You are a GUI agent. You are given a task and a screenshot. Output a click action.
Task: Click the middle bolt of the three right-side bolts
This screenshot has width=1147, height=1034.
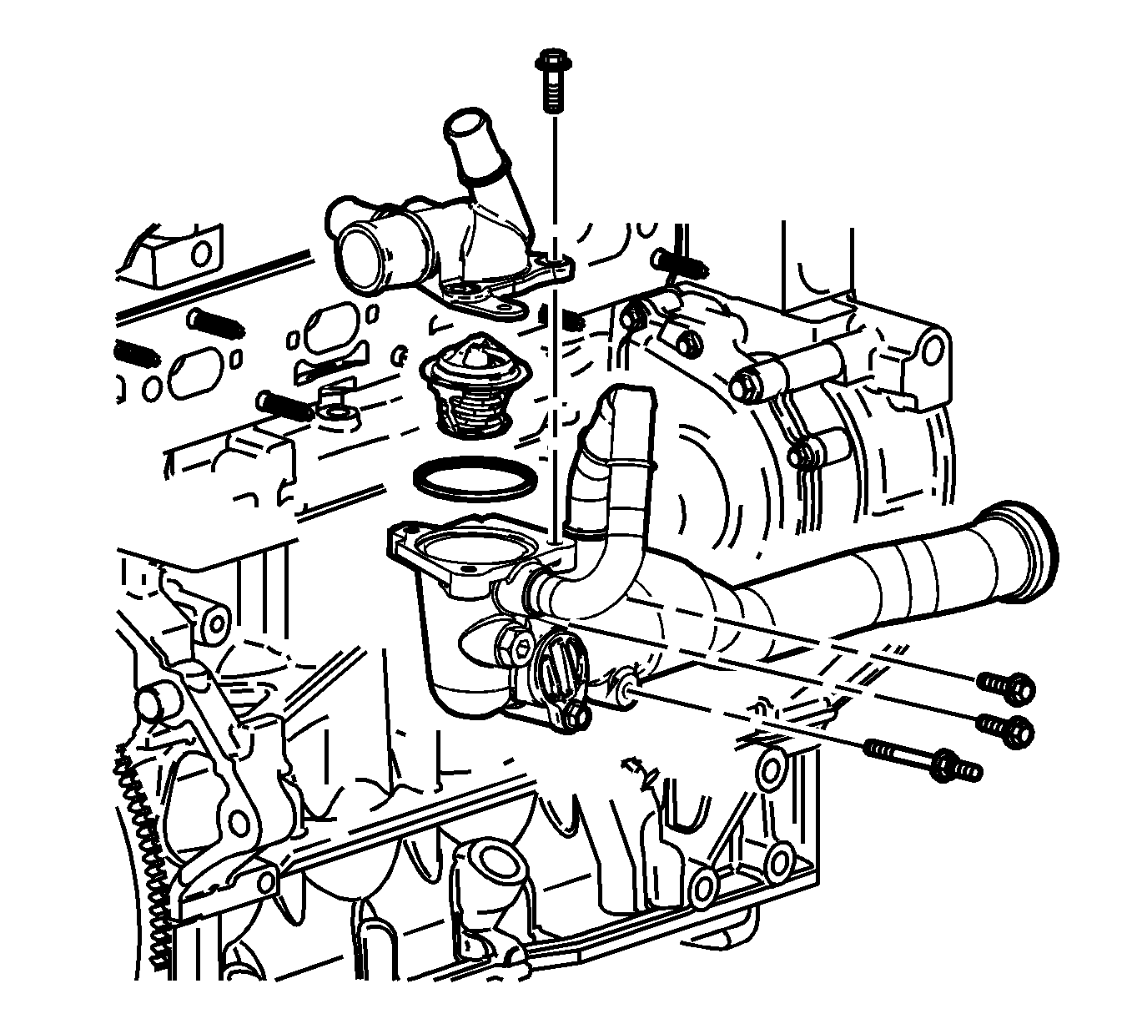1007,727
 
